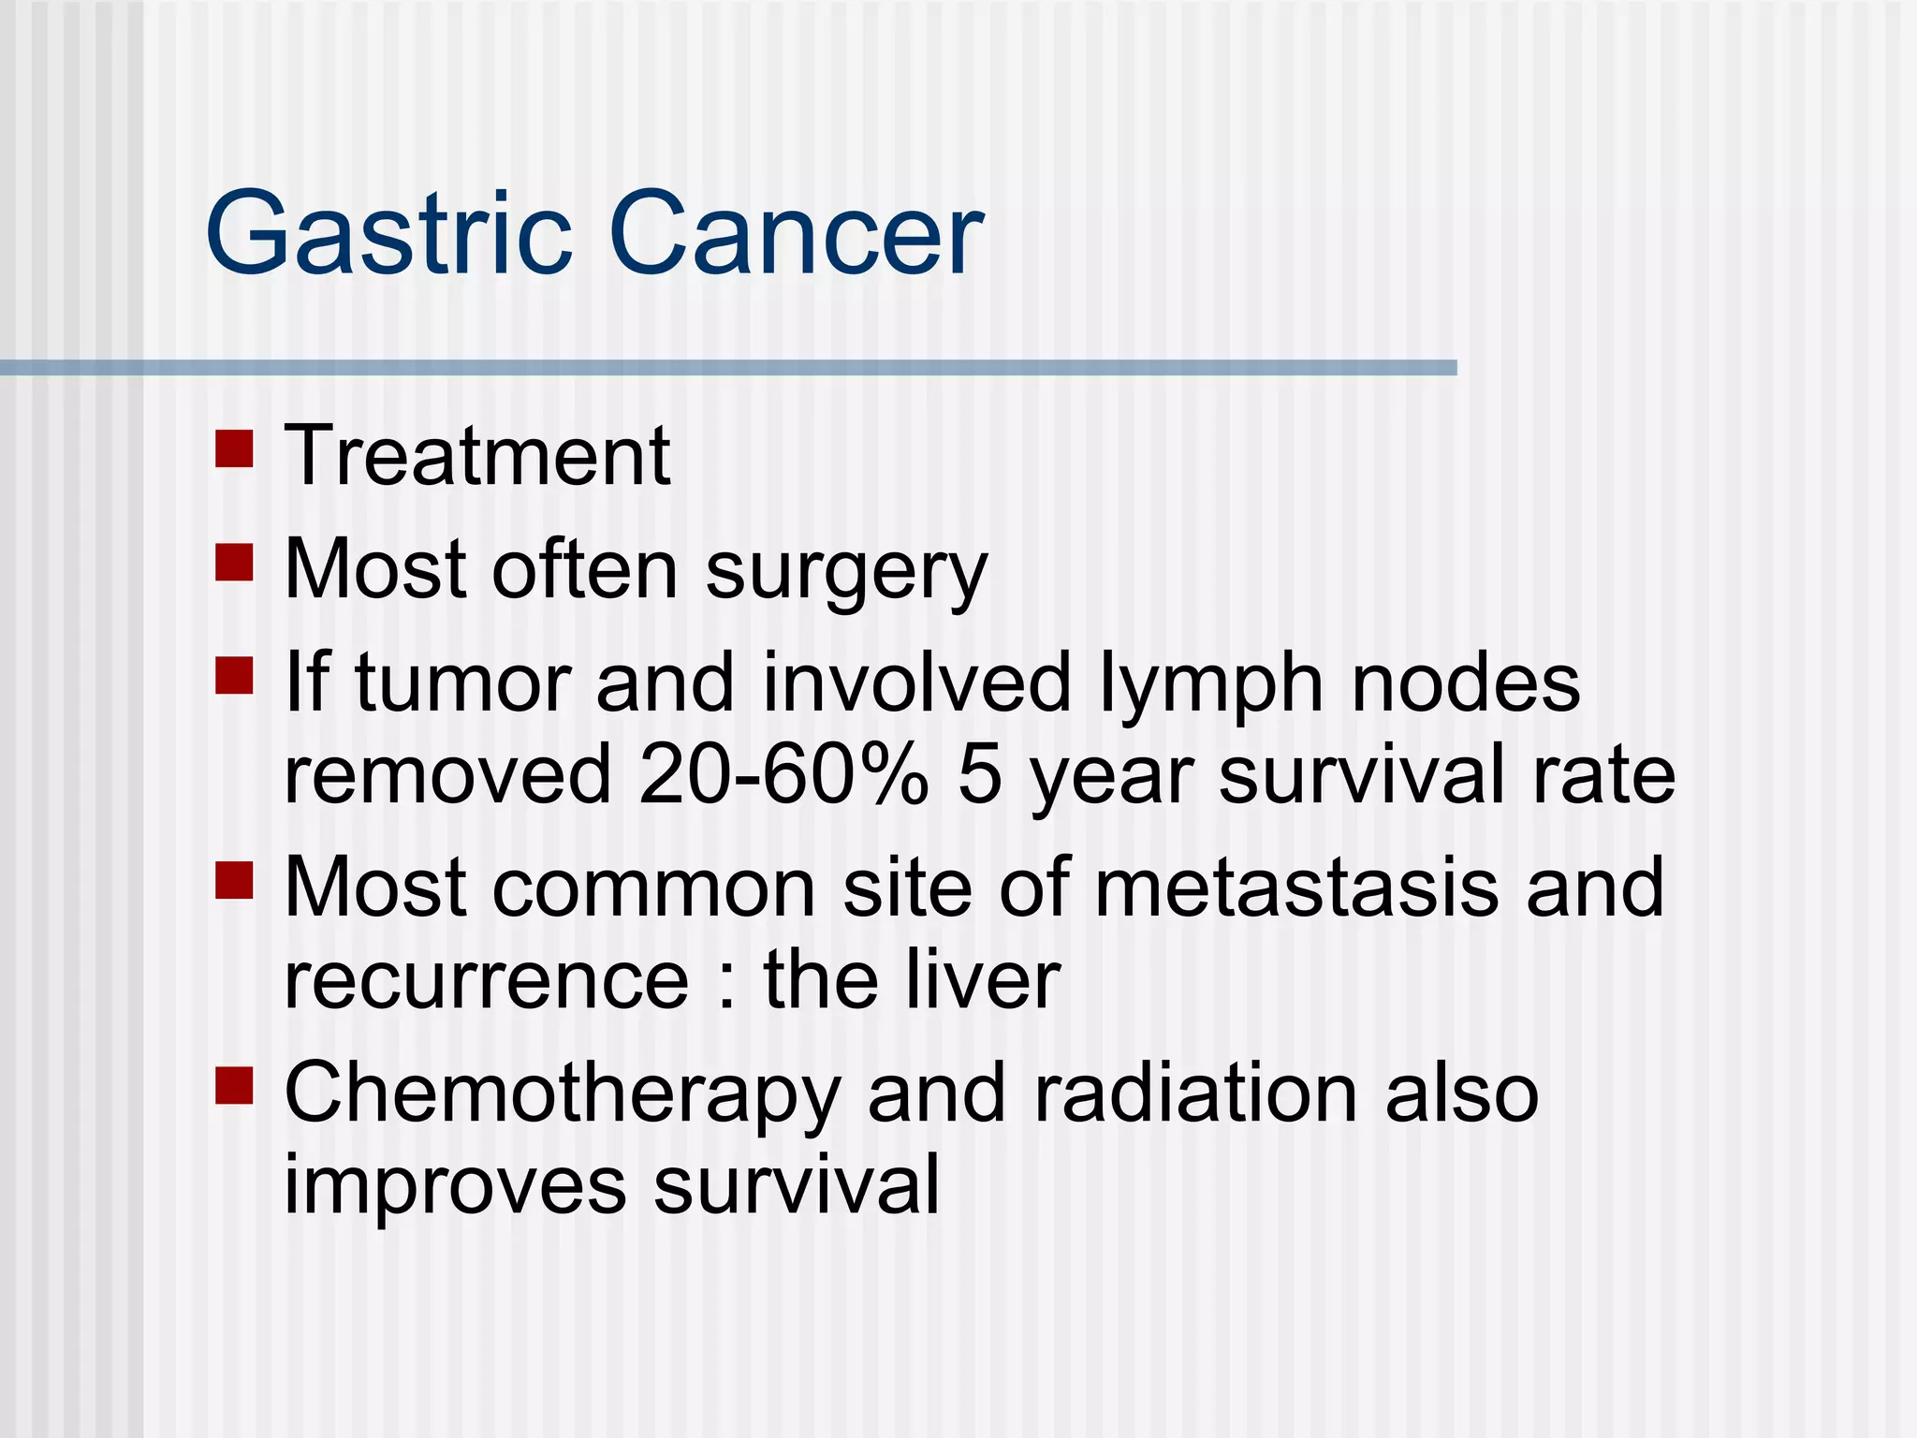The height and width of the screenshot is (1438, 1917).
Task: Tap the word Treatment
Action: [x=477, y=456]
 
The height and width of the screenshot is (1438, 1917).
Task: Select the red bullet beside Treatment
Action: [x=234, y=448]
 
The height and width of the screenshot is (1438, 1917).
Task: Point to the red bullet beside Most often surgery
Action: [x=234, y=563]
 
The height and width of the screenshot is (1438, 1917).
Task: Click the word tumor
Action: [x=463, y=683]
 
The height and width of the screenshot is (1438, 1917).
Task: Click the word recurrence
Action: [x=487, y=981]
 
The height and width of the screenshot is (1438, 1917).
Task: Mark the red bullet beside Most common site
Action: [x=234, y=880]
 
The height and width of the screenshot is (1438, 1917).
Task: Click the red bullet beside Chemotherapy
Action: [x=234, y=1086]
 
